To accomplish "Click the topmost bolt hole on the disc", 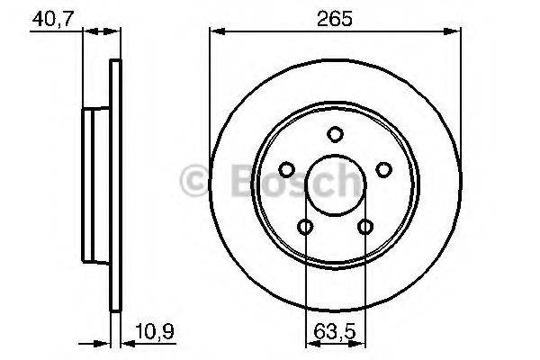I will pyautogui.click(x=335, y=135).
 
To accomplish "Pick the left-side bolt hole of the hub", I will pyautogui.click(x=287, y=170).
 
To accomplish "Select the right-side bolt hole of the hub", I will pyautogui.click(x=382, y=170).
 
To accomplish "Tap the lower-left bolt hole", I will pyautogui.click(x=306, y=227).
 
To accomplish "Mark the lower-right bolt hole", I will pyautogui.click(x=364, y=227).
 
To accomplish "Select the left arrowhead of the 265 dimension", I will pyautogui.click(x=216, y=32).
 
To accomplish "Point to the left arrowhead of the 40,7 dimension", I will pyautogui.click(x=88, y=32).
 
